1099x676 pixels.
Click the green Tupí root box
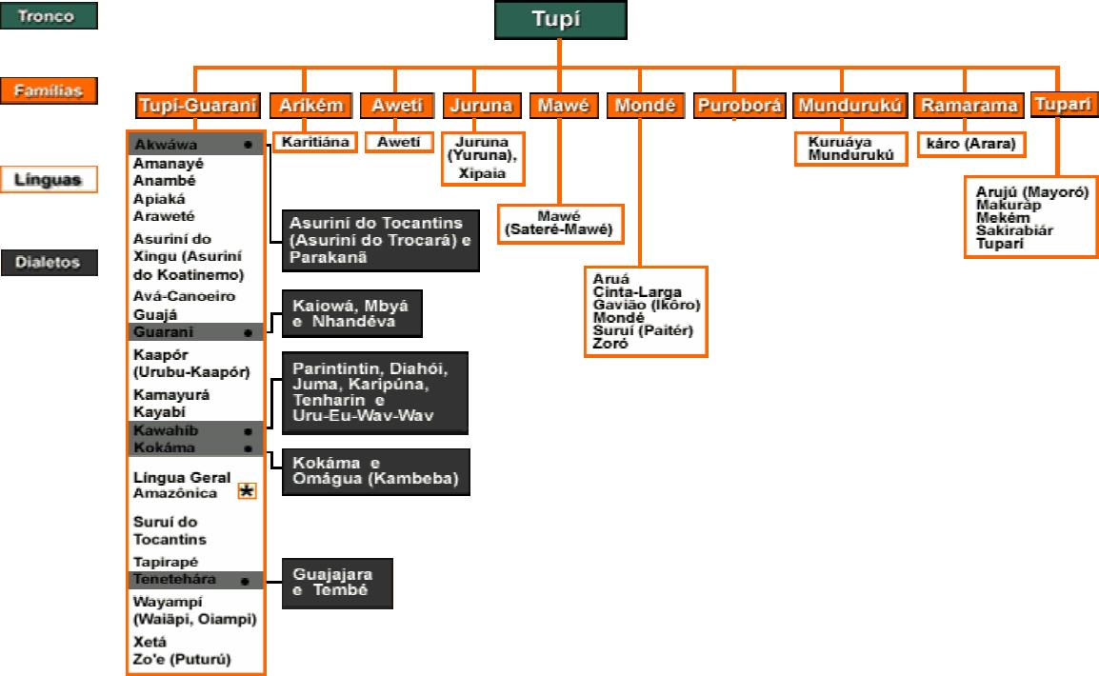pyautogui.click(x=560, y=21)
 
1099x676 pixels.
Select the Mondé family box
pyautogui.click(x=643, y=105)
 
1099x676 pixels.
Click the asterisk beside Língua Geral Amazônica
pyautogui.click(x=247, y=491)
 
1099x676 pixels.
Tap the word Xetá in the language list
pyautogui.click(x=150, y=641)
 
